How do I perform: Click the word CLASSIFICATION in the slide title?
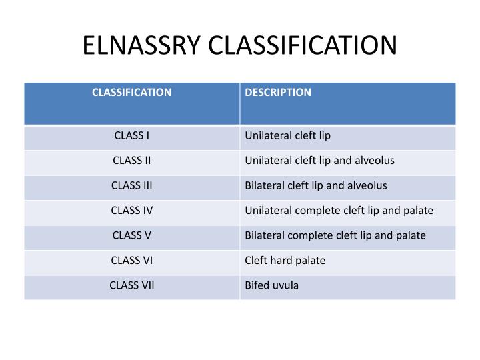pyautogui.click(x=303, y=45)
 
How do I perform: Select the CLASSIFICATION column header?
pyautogui.click(x=132, y=92)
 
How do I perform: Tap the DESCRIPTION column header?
pyautogui.click(x=278, y=92)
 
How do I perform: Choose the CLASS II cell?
pyautogui.click(x=132, y=161)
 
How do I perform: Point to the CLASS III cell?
pyautogui.click(x=132, y=185)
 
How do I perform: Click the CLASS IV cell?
pyautogui.click(x=132, y=211)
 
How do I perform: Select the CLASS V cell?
pyautogui.click(x=132, y=235)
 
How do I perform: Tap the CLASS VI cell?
pyautogui.click(x=132, y=261)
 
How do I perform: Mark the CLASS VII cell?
pyautogui.click(x=132, y=285)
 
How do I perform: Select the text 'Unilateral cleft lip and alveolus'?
pyautogui.click(x=319, y=161)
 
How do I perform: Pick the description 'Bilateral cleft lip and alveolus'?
pyautogui.click(x=315, y=185)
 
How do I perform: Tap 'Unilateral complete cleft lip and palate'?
pyautogui.click(x=339, y=211)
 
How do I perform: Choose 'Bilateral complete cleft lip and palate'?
pyautogui.click(x=335, y=235)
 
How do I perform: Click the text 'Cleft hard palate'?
pyautogui.click(x=285, y=261)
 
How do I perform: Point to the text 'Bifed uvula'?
pyautogui.click(x=272, y=285)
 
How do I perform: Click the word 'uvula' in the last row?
pyautogui.click(x=285, y=286)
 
